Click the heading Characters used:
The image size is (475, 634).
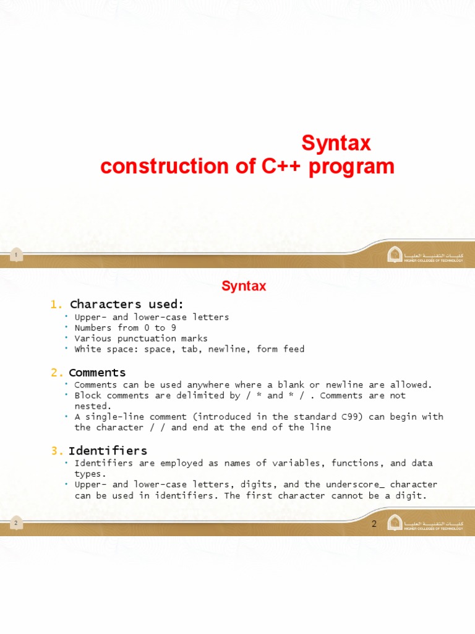[x=127, y=304]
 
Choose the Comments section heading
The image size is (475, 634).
[x=97, y=373]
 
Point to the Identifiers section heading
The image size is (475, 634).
[x=108, y=450]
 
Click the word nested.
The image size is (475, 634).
[x=91, y=406]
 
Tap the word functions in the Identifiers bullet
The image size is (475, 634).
[x=357, y=463]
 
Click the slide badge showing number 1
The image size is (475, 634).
[x=16, y=254]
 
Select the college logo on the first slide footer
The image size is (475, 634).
[x=395, y=254]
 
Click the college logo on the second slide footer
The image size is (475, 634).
[x=395, y=523]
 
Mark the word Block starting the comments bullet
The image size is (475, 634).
[x=88, y=395]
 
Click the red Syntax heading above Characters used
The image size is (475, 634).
[x=244, y=286]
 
